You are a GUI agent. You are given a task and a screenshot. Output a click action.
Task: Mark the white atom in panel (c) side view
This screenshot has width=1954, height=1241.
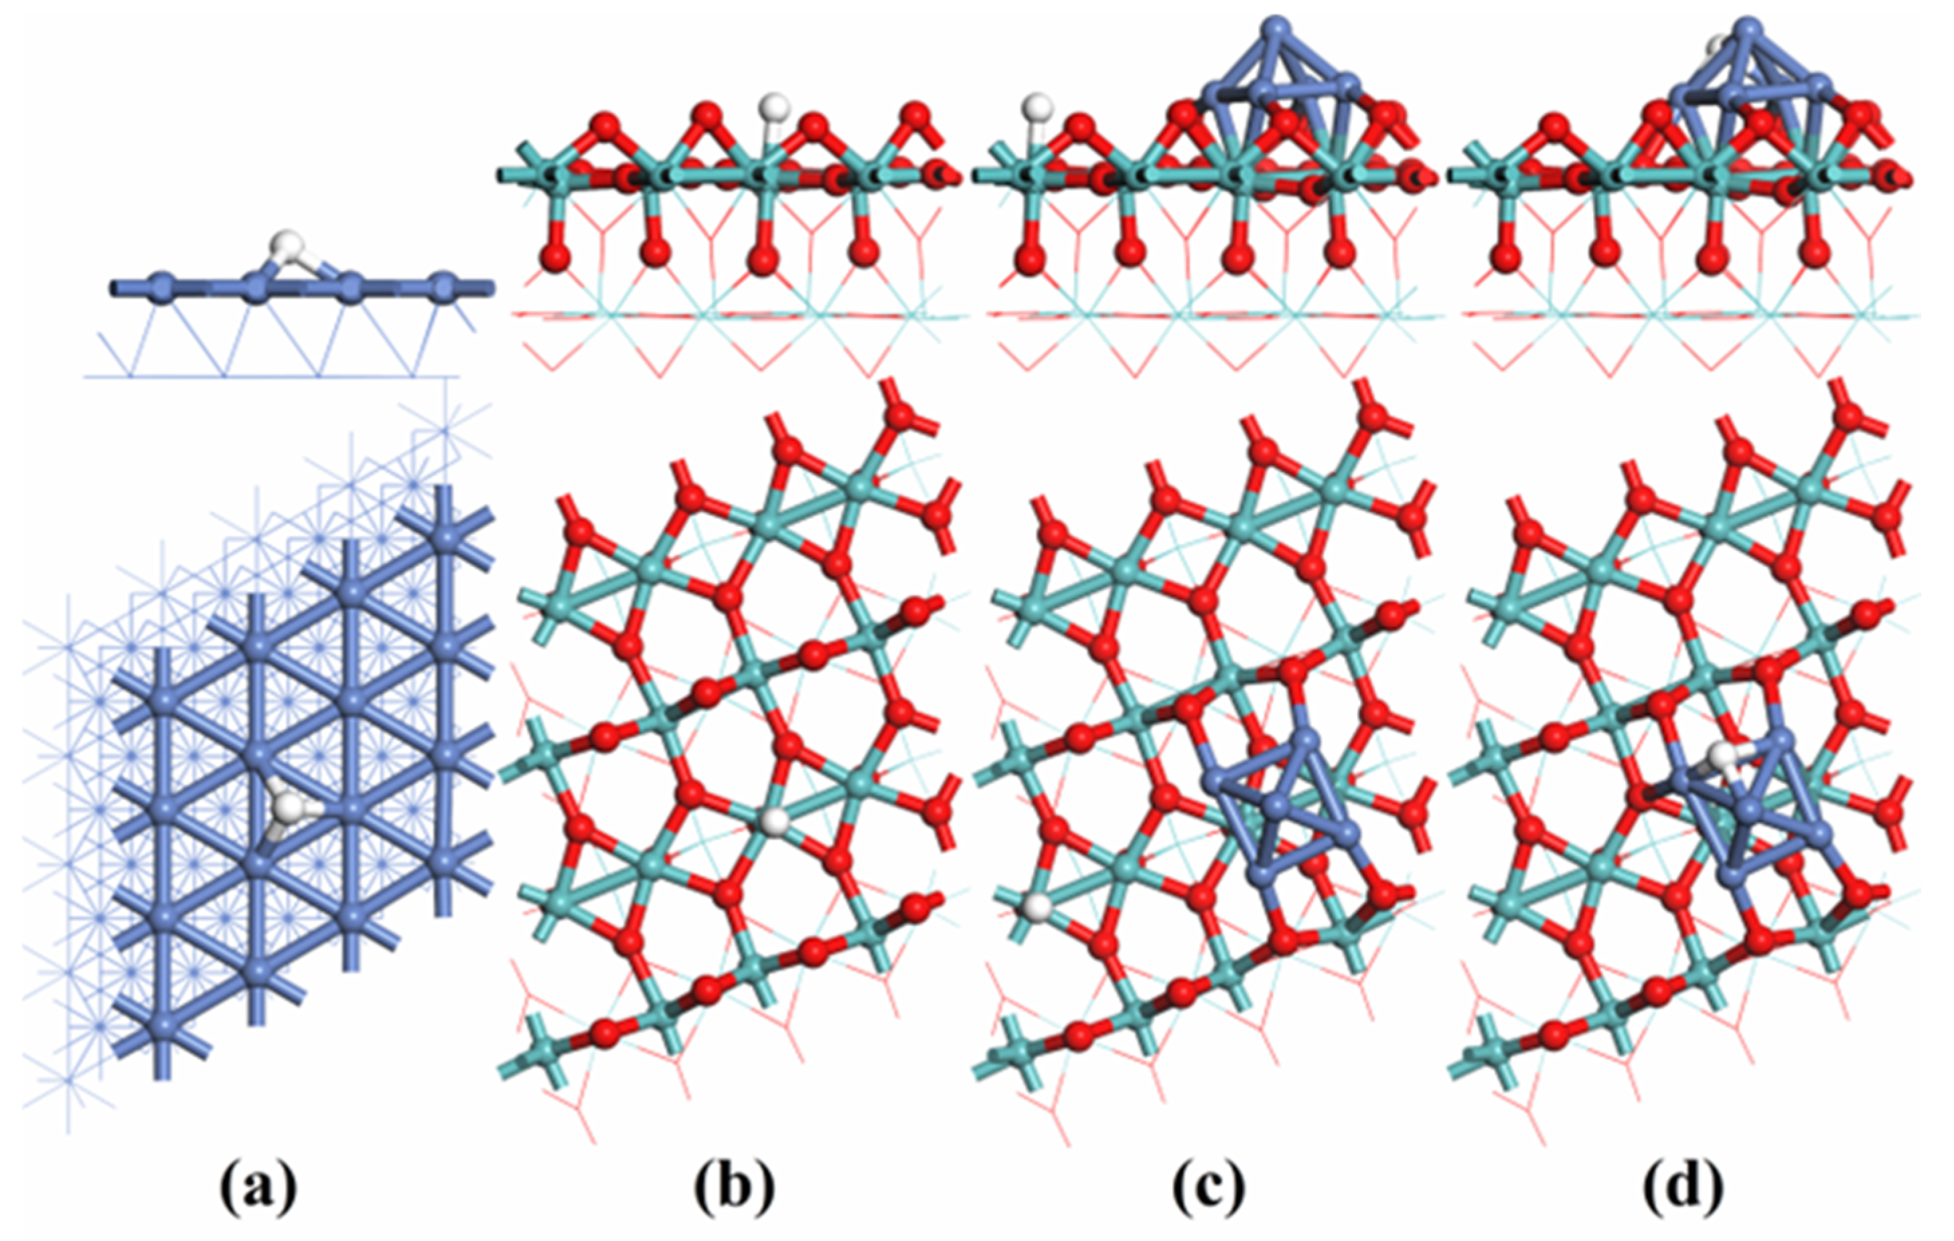pyautogui.click(x=1037, y=106)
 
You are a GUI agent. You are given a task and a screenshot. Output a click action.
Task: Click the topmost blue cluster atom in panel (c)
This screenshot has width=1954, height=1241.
pyautogui.click(x=1277, y=27)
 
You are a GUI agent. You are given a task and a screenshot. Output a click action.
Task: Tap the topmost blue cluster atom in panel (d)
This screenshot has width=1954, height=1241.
pyautogui.click(x=1751, y=27)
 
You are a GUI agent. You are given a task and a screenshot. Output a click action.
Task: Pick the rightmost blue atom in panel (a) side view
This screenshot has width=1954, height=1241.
pyautogui.click(x=443, y=286)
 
